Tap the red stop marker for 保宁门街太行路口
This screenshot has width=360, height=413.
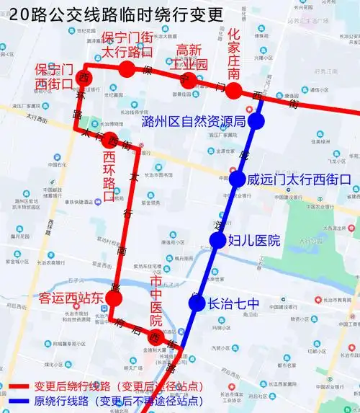pyautogui.click(x=127, y=69)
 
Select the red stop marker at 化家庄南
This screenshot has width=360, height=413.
pyautogui.click(x=233, y=90)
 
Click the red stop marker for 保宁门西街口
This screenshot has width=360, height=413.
pyautogui.click(x=85, y=77)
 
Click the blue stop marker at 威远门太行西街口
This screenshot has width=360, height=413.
pyautogui.click(x=237, y=179)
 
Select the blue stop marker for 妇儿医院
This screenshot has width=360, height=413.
pyautogui.click(x=217, y=241)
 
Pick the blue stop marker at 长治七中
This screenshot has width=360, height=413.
pyautogui.click(x=197, y=303)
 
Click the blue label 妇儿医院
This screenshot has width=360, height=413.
pyautogui.click(x=253, y=241)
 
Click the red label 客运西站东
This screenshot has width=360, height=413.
pyautogui.click(x=73, y=298)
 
